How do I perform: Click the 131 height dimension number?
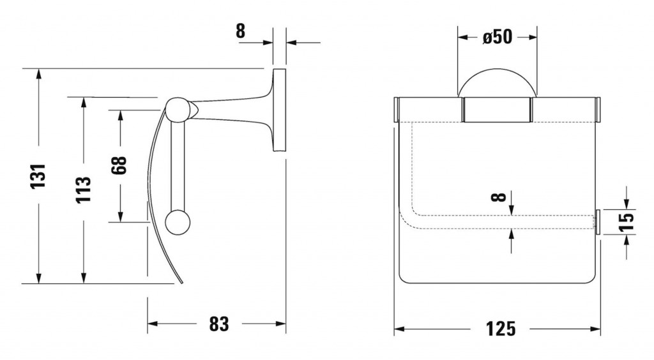pyautogui.click(x=40, y=176)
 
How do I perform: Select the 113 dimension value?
pyautogui.click(x=83, y=190)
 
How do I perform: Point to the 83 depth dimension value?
pyautogui.click(x=218, y=324)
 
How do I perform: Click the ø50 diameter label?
pyautogui.click(x=497, y=38)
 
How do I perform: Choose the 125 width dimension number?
pyautogui.click(x=499, y=329)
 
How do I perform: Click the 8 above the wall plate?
pyautogui.click(x=241, y=31)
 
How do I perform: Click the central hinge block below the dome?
pyautogui.click(x=497, y=109)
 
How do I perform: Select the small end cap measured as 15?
pyautogui.click(x=598, y=221)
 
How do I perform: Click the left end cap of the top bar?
pyautogui.click(x=396, y=109)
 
